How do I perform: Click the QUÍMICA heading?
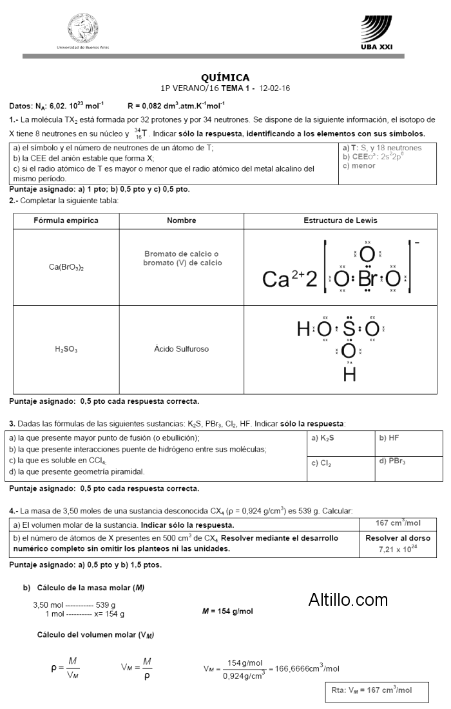(225, 77)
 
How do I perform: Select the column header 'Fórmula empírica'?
(66, 221)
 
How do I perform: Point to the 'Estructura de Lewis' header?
(340, 221)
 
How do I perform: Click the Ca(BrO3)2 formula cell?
(66, 266)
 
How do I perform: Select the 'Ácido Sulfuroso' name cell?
(181, 349)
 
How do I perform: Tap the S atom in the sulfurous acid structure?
(349, 330)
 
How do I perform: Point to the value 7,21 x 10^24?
(398, 549)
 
